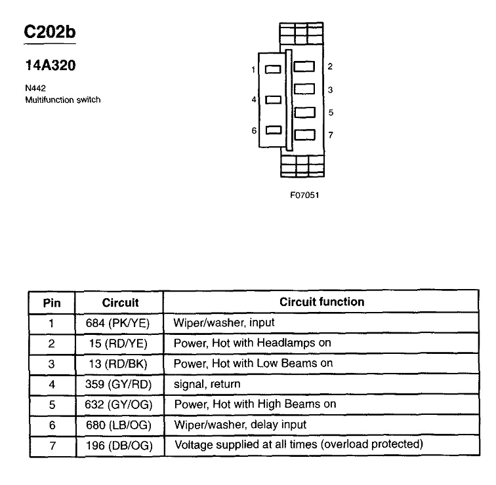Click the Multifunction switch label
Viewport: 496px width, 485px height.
(x=63, y=100)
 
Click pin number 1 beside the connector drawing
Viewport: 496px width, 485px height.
(x=253, y=69)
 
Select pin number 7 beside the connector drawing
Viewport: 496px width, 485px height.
(x=331, y=135)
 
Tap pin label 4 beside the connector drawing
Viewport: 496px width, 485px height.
(x=253, y=100)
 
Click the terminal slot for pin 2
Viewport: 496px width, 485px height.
(x=303, y=67)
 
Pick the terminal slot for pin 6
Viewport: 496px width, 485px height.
(x=272, y=130)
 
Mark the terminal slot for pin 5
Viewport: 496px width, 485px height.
(x=303, y=112)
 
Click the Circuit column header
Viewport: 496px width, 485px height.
(x=120, y=303)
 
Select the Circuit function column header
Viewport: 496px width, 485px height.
(x=321, y=302)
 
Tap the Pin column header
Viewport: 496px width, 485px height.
(x=52, y=303)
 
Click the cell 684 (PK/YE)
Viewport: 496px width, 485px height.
(x=120, y=323)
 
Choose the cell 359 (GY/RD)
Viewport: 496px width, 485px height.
(x=120, y=384)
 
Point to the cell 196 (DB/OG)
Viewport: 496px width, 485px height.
(x=120, y=445)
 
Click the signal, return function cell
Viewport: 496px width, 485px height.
(x=207, y=384)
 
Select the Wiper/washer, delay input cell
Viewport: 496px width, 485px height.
(x=239, y=425)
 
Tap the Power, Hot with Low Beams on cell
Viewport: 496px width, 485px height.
(x=253, y=364)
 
